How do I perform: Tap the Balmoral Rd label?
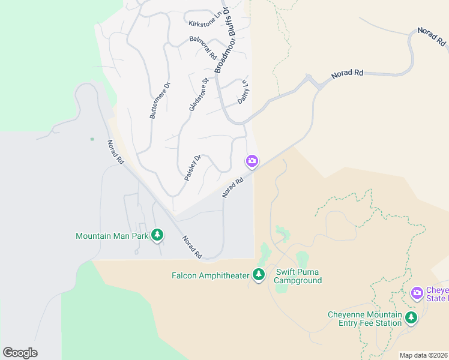[x=202, y=47]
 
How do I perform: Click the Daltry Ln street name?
[x=243, y=92]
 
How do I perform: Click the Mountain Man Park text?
[x=112, y=236]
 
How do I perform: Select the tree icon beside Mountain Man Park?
[x=157, y=235]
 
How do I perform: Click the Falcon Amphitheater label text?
[x=210, y=275]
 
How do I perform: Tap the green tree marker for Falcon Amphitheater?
[x=259, y=275]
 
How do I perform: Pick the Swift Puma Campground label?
[x=298, y=276]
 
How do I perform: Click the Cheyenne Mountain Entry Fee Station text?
[x=365, y=319]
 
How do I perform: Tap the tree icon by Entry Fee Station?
[x=411, y=318]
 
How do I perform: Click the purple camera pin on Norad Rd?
[x=252, y=161]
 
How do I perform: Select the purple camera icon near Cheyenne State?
[x=417, y=293]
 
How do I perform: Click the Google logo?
[x=20, y=353]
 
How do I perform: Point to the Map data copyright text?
[x=424, y=355]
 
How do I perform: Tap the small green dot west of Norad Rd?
[x=92, y=139]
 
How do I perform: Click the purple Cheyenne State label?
[x=436, y=293]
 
